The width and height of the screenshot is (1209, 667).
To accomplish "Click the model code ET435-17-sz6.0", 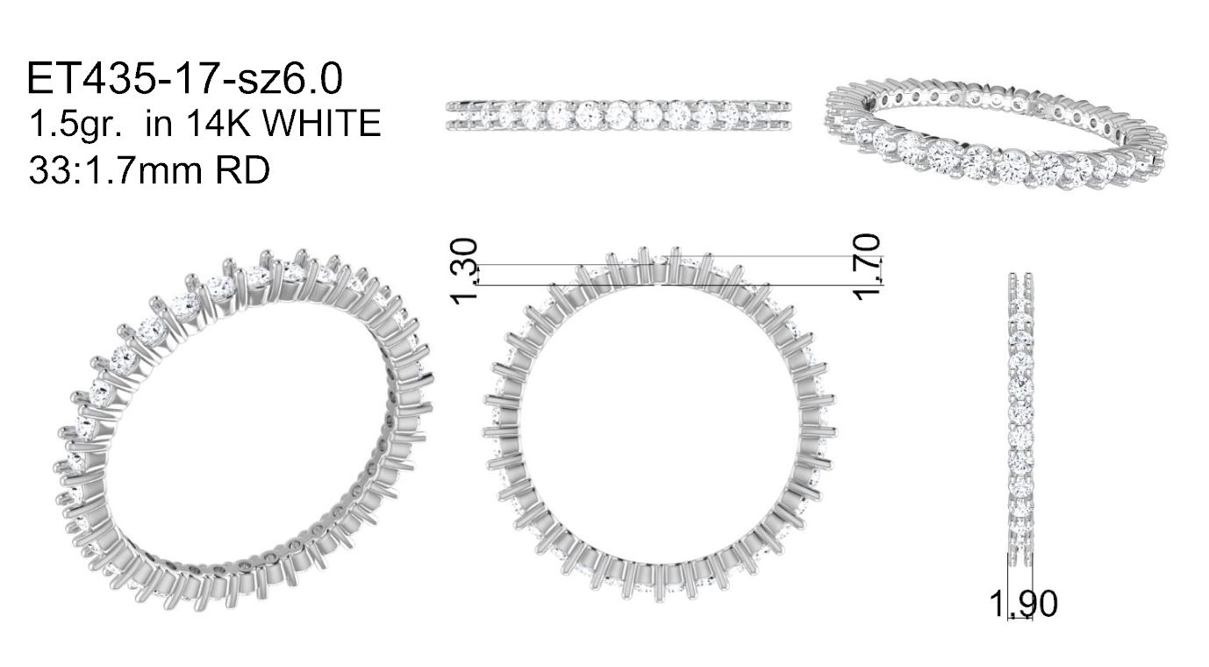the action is pyautogui.click(x=184, y=79).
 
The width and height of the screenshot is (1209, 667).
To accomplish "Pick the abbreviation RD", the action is pyautogui.click(x=242, y=170).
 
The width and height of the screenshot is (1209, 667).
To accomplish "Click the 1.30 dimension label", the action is pyautogui.click(x=464, y=271).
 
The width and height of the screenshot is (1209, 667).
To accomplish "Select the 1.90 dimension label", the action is pyautogui.click(x=1024, y=604).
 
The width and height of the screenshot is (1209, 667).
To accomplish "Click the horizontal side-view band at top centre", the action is pyautogui.click(x=618, y=115).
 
